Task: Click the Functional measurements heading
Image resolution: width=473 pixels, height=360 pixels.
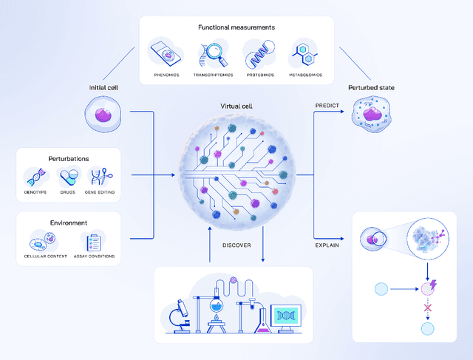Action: pos(236,27)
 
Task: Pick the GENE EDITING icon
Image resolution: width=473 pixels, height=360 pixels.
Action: pos(101,176)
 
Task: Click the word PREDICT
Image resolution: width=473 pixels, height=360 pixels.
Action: pos(327,105)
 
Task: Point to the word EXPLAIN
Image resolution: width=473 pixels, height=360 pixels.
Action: pos(327,245)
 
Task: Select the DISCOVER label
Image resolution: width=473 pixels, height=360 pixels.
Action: pos(236,245)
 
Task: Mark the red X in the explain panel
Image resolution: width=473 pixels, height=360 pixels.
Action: pos(426,307)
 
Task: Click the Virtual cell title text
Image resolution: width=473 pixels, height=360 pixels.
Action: pos(236,105)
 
